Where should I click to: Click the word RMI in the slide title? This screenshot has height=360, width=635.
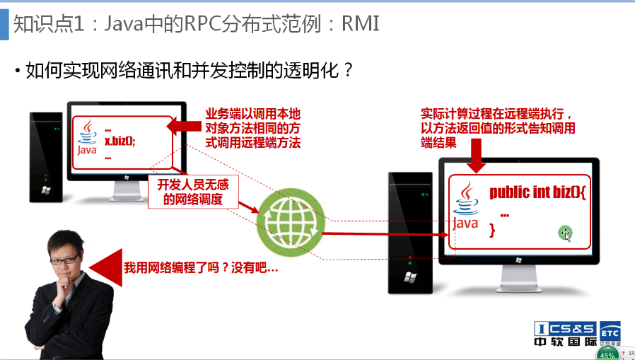pyautogui.click(x=361, y=25)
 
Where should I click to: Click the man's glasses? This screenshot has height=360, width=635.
pyautogui.click(x=65, y=259)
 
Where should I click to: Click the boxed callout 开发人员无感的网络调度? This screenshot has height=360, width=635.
pyautogui.click(x=192, y=192)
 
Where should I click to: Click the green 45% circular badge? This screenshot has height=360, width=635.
pyautogui.click(x=607, y=353)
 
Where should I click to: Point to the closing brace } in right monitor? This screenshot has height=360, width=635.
pyautogui.click(x=493, y=231)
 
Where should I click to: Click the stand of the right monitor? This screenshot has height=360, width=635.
pyautogui.click(x=520, y=268)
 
